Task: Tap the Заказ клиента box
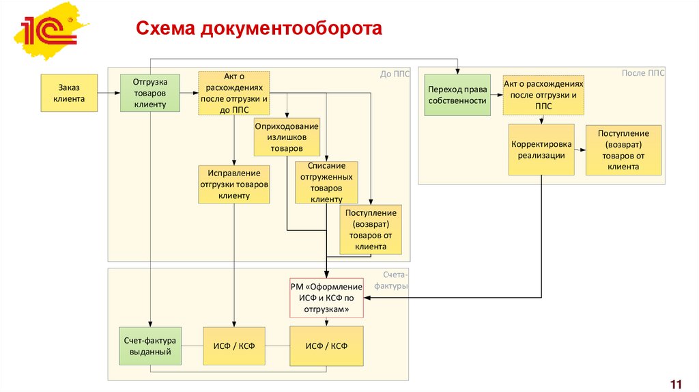tap(68, 93)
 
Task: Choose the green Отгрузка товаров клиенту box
tap(150, 93)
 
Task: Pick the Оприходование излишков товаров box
tap(287, 137)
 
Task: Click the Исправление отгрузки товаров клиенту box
tap(234, 184)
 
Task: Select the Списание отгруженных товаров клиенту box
tap(326, 182)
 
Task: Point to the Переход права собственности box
tap(457, 95)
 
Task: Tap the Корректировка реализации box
tap(541, 150)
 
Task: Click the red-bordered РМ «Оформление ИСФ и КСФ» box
tap(327, 298)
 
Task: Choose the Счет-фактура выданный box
tap(150, 346)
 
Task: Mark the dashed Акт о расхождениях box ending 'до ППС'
tap(234, 92)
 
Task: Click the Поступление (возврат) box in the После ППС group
tap(623, 150)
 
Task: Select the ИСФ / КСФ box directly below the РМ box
tap(326, 346)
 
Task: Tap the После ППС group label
tap(642, 72)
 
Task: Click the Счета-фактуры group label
tap(395, 280)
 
